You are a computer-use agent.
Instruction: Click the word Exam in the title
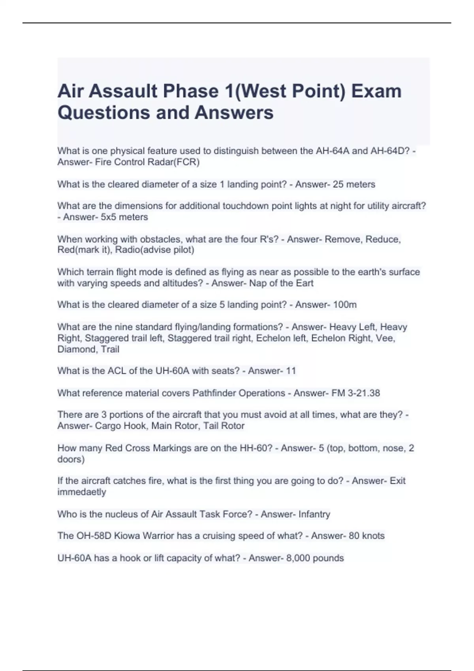[x=376, y=91]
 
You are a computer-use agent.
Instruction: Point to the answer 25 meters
[x=354, y=184]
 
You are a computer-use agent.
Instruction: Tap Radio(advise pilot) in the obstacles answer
[x=154, y=250]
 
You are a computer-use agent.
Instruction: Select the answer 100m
[x=345, y=305]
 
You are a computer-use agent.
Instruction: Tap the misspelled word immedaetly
[x=82, y=492]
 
